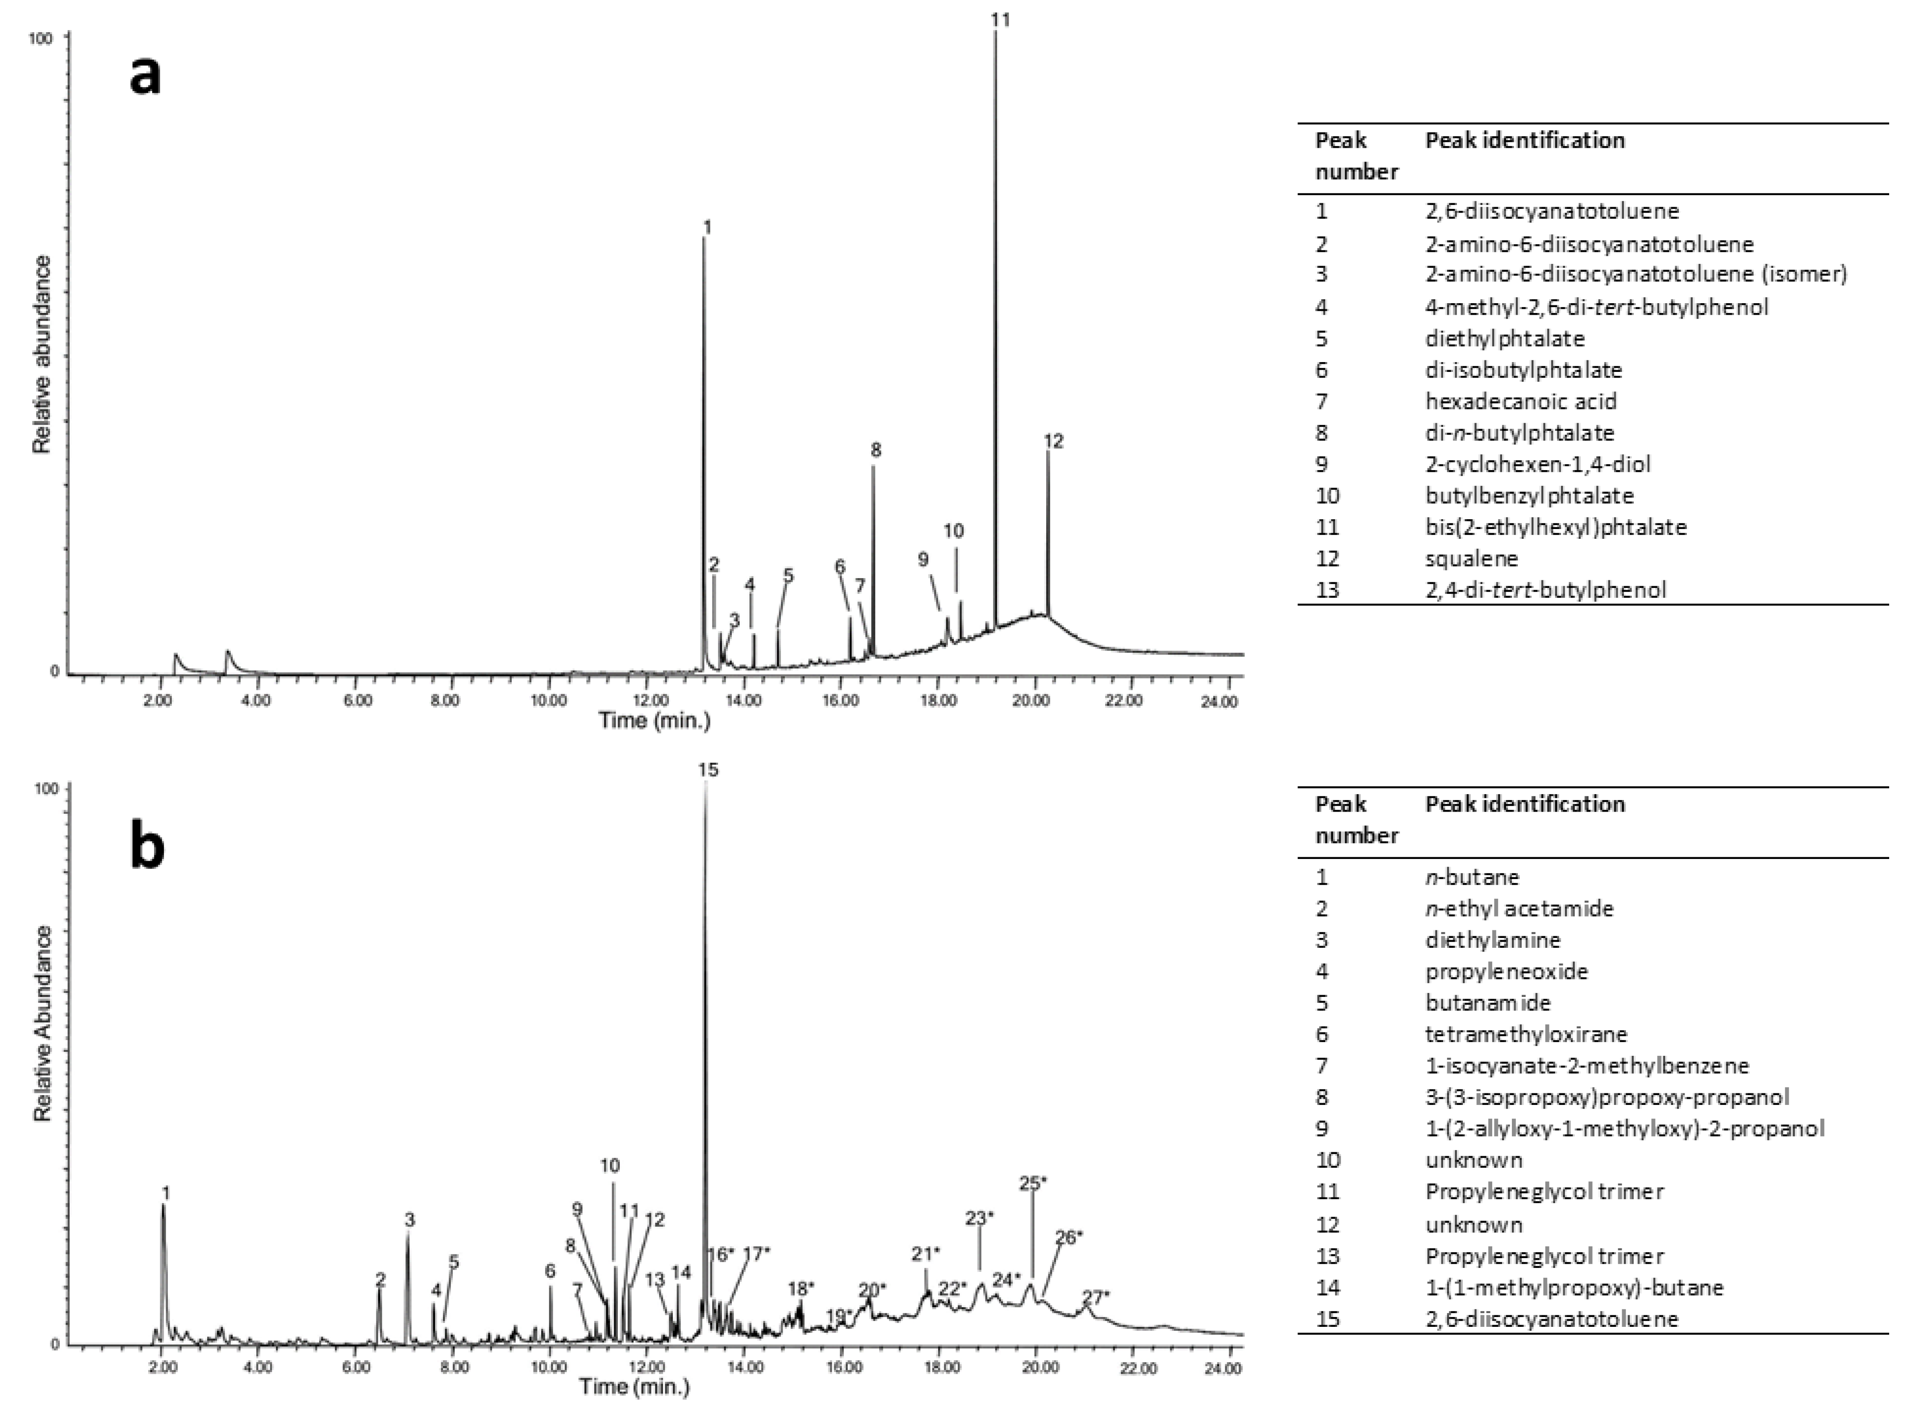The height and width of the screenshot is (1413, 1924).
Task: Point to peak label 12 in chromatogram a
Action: tap(1053, 442)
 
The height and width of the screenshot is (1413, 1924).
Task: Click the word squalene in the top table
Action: tap(1471, 559)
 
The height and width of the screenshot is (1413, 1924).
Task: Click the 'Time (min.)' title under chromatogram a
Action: tap(655, 720)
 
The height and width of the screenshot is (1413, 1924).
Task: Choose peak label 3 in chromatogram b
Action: tap(410, 1220)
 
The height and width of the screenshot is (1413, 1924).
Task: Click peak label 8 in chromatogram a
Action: tap(875, 450)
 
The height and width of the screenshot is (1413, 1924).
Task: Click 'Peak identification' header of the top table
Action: tap(1524, 140)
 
